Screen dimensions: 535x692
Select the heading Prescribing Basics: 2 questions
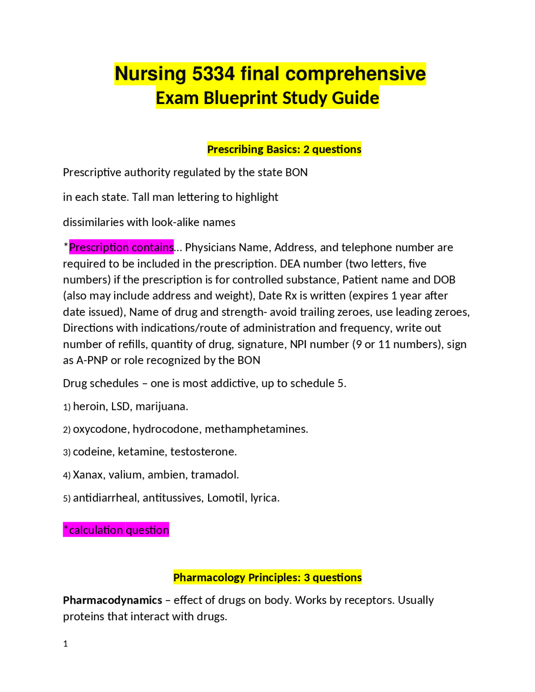click(x=284, y=149)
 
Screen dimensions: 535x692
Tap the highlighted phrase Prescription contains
click(x=121, y=247)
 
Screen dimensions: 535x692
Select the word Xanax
click(x=89, y=475)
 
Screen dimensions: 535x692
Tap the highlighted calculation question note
click(x=116, y=530)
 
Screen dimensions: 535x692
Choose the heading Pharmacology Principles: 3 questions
click(x=267, y=578)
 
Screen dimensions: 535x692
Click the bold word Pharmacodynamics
click(x=112, y=600)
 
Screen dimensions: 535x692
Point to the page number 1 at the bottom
click(x=66, y=644)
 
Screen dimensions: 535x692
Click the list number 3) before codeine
click(x=67, y=452)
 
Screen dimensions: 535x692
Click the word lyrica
click(x=265, y=498)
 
